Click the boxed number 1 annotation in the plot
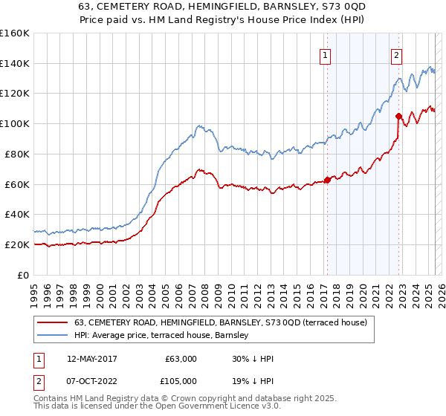[x=326, y=54]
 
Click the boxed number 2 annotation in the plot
[x=397, y=54]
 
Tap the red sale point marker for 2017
[x=327, y=179]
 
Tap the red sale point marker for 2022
[x=399, y=116]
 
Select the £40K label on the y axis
[x=17, y=214]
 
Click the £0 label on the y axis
[x=23, y=275]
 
